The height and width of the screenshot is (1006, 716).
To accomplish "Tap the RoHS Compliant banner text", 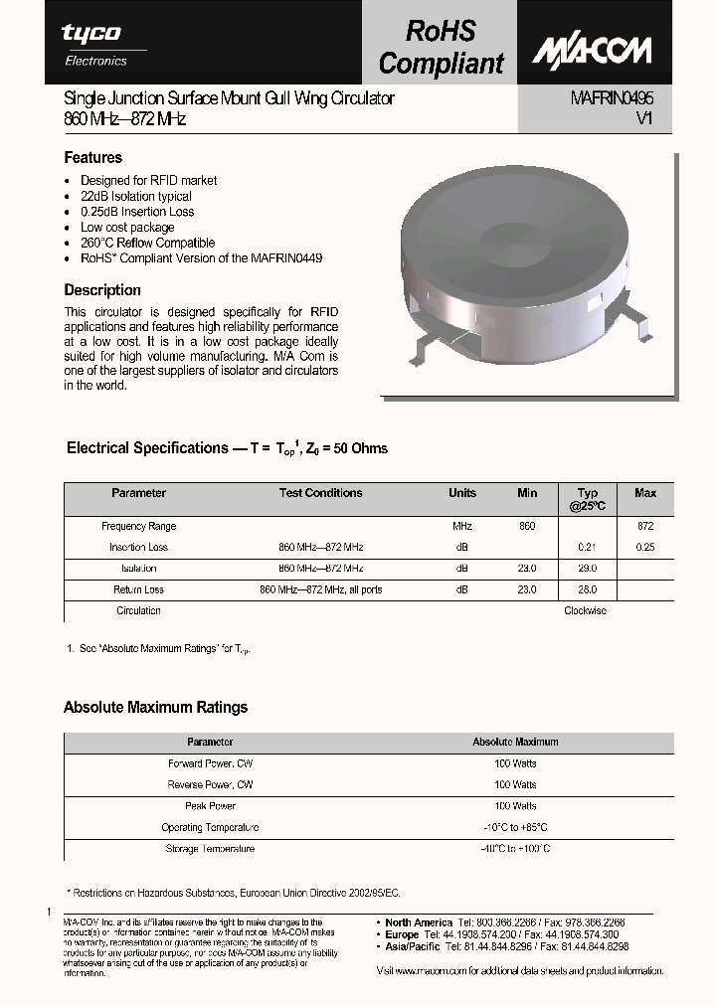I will tap(442, 47).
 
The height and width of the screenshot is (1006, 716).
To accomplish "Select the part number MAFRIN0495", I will tap(611, 98).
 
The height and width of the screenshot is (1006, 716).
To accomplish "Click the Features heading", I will tap(93, 157).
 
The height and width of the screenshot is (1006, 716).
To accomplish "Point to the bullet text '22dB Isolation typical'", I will tap(136, 196).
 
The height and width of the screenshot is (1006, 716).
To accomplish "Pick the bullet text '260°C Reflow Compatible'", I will tap(147, 243).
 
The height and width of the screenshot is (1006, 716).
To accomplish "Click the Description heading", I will tap(102, 290).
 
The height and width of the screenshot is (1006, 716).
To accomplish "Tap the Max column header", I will tap(645, 493).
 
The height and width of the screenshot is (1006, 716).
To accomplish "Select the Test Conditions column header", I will tap(320, 493).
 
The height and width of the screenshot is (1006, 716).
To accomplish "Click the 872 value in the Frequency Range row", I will tap(645, 526).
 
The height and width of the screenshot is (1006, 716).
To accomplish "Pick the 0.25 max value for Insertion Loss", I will tap(645, 548).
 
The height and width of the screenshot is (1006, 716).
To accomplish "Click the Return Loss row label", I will tap(139, 589).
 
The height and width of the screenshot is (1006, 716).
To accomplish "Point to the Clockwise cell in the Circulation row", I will tap(585, 610).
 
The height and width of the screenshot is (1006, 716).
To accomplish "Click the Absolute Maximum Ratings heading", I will tap(155, 708).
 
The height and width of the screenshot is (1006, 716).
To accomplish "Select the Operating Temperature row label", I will tap(210, 827).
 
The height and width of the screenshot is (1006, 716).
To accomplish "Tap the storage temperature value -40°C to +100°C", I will tap(515, 849).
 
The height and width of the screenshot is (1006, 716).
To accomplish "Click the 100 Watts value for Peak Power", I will tap(515, 806).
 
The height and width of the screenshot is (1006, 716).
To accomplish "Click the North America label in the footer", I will tap(419, 922).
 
